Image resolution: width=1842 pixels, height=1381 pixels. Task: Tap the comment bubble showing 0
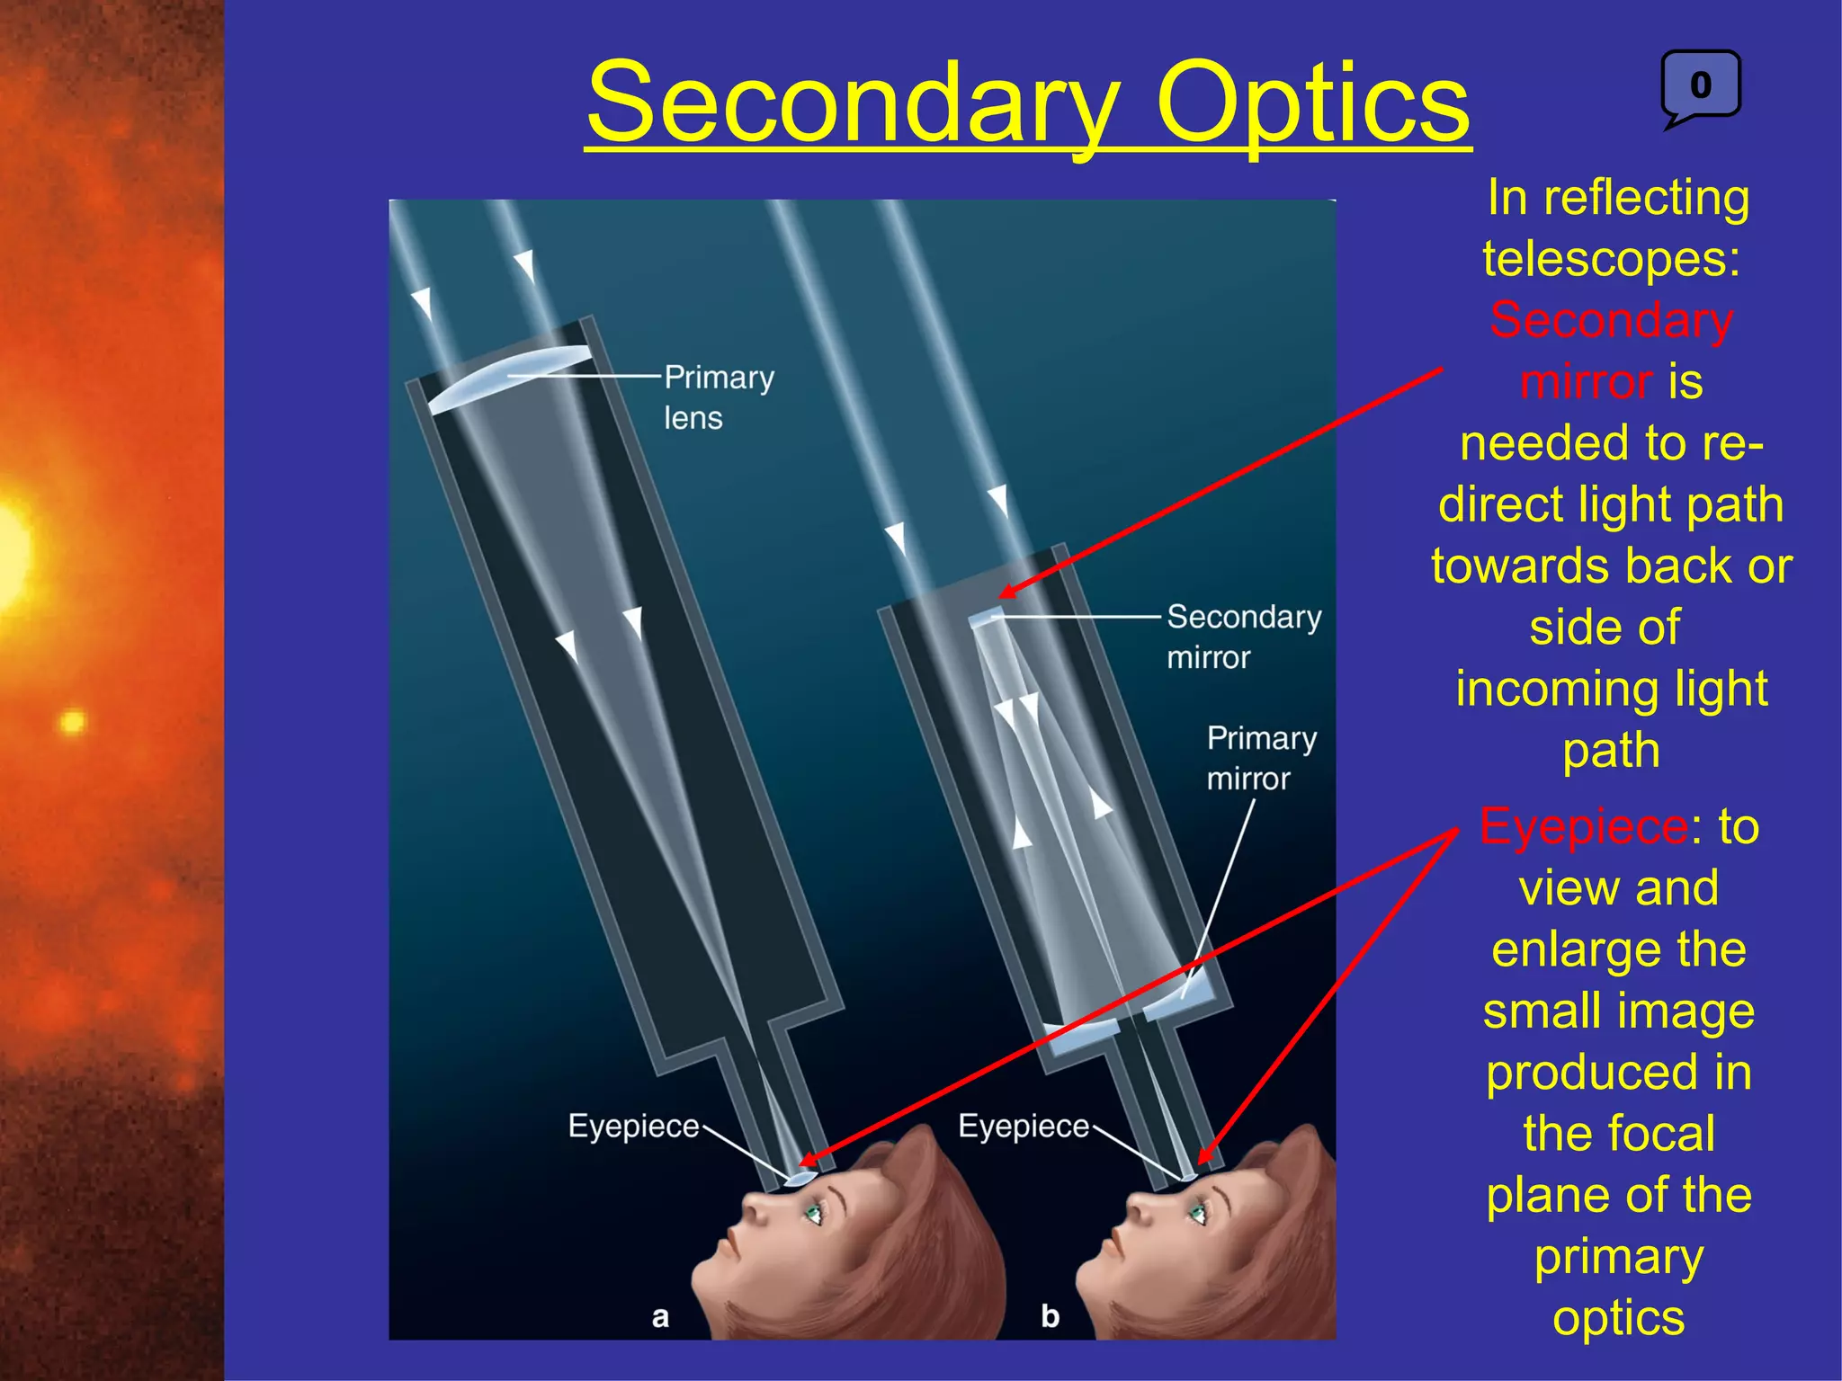tap(1700, 85)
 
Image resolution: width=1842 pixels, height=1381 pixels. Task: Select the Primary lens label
tap(718, 397)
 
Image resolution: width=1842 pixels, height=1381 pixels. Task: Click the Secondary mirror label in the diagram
tap(1243, 637)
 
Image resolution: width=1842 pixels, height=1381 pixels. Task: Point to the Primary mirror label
tap(1261, 757)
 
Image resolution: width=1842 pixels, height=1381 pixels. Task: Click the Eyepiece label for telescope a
tap(633, 1126)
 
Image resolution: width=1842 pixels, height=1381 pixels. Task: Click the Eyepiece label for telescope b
tap(1023, 1126)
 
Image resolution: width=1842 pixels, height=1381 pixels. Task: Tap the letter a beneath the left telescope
tap(660, 1317)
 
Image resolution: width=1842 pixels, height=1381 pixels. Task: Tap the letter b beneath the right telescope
tap(1050, 1316)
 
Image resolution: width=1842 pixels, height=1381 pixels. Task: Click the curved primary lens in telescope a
tap(508, 378)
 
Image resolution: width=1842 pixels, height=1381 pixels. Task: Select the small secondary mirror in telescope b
tap(986, 617)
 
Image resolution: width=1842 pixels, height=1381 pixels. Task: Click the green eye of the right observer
tap(1198, 1215)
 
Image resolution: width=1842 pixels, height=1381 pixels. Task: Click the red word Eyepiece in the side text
tap(1584, 826)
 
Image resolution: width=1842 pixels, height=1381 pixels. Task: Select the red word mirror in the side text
tap(1586, 382)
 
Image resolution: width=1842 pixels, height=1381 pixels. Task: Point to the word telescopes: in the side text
tap(1611, 259)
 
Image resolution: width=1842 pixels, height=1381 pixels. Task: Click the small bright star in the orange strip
tap(72, 721)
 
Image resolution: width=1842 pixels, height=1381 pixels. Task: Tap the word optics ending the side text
tap(1618, 1318)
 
